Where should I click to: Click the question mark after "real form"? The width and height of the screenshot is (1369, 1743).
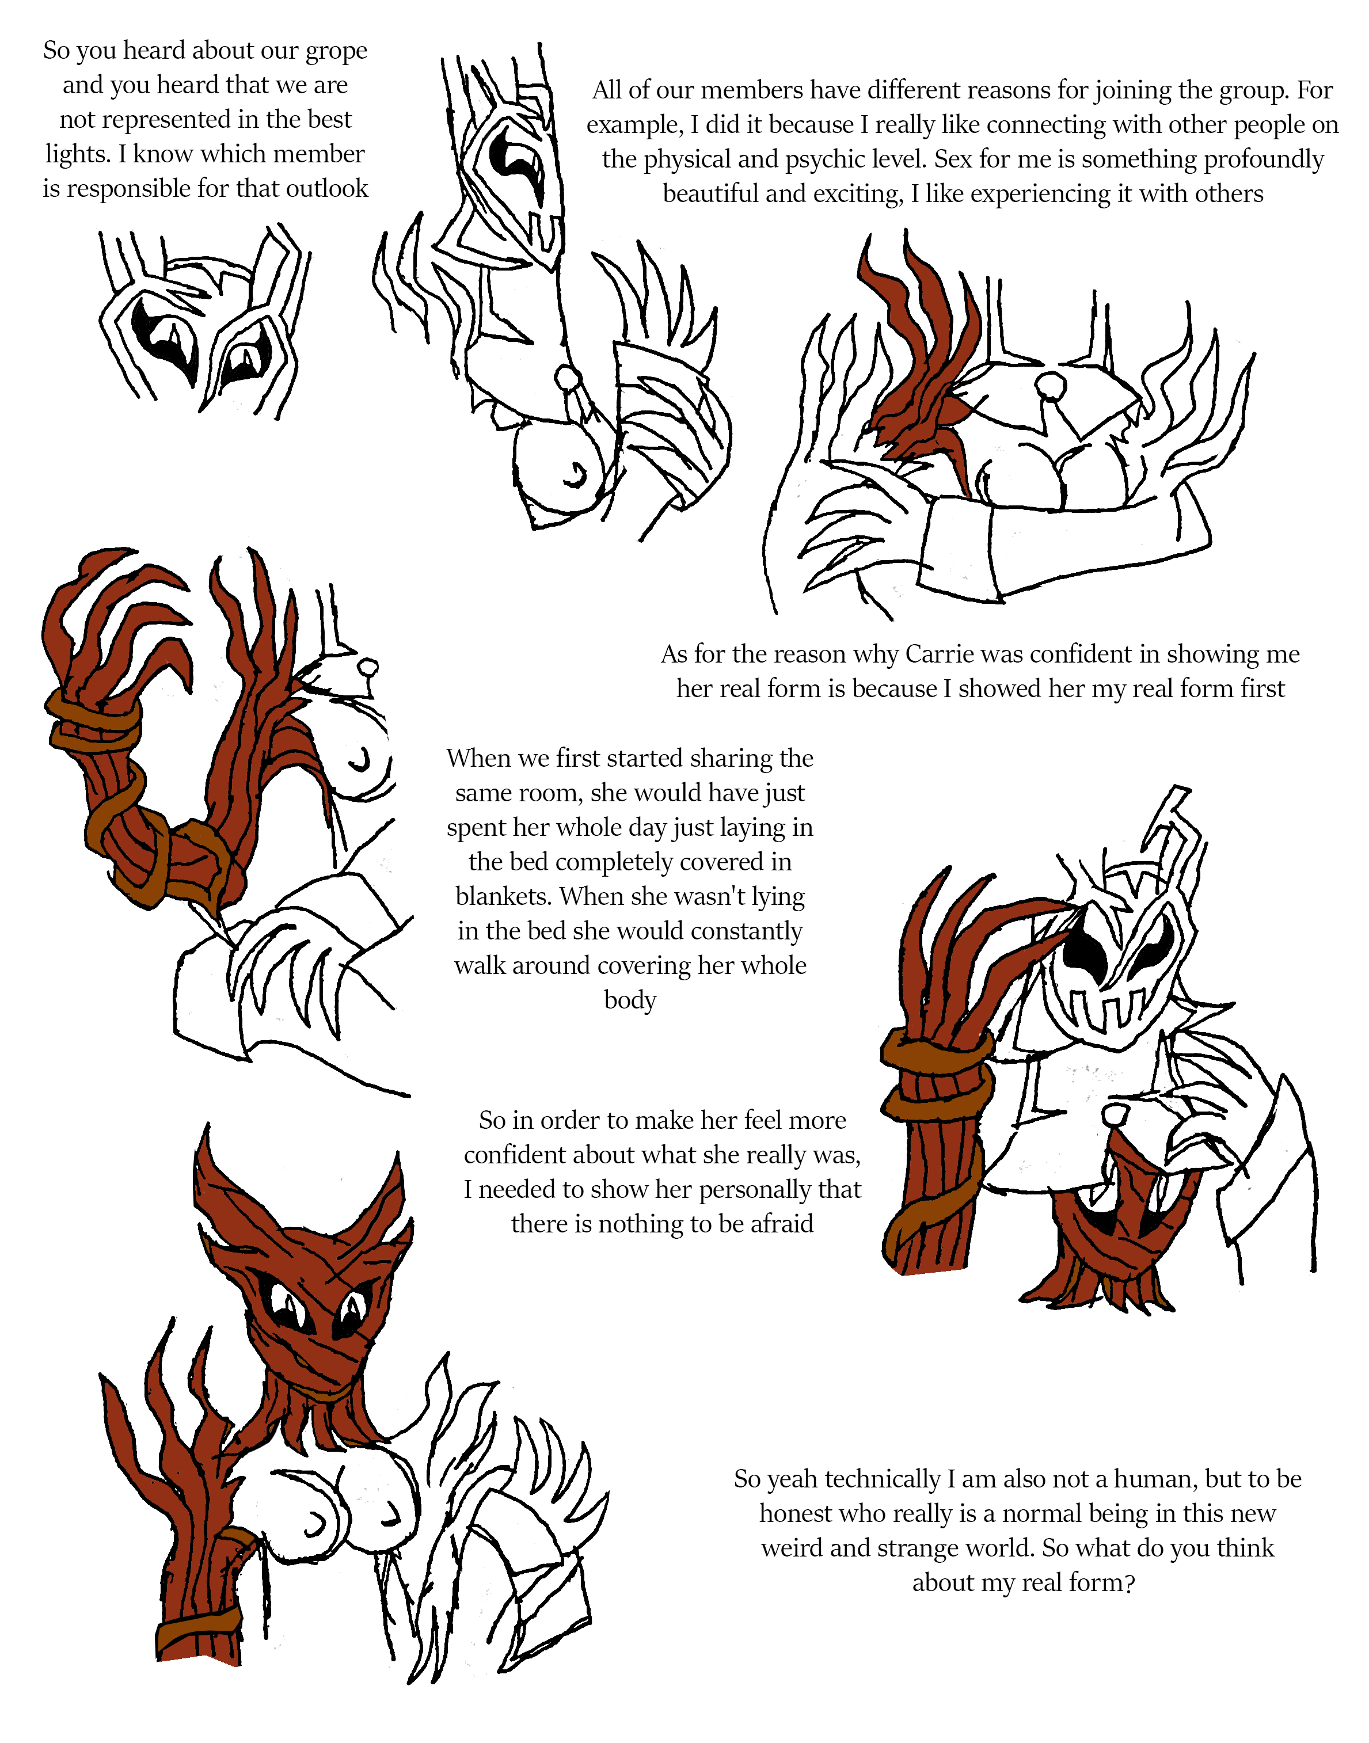pos(1130,1584)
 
